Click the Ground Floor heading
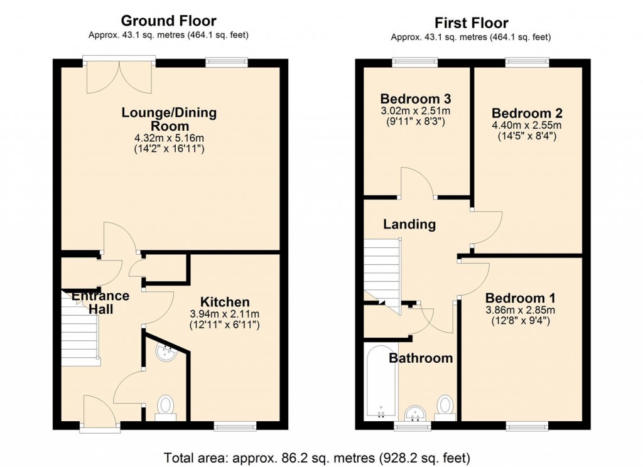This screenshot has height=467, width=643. click(x=169, y=21)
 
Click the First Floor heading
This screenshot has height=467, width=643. click(x=470, y=23)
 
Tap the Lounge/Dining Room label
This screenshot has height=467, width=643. click(x=169, y=119)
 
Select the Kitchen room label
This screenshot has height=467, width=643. click(x=225, y=302)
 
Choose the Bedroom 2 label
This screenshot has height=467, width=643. click(x=527, y=114)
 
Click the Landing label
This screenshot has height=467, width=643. click(x=409, y=224)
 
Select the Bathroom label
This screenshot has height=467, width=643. click(x=421, y=358)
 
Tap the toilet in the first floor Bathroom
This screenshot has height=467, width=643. click(x=446, y=407)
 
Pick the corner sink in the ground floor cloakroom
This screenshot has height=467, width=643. click(x=166, y=352)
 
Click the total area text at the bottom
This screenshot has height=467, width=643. click(x=316, y=457)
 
